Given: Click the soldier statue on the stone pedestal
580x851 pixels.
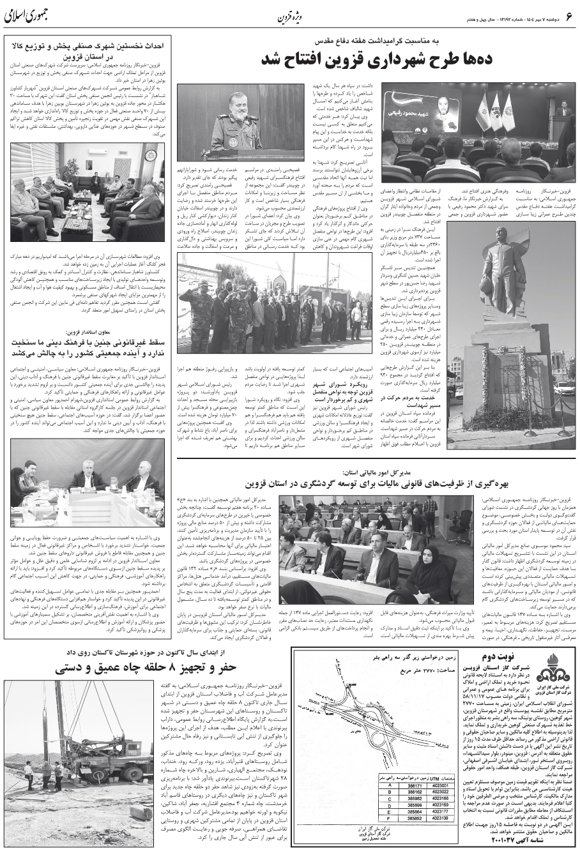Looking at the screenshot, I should pos(500,267).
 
